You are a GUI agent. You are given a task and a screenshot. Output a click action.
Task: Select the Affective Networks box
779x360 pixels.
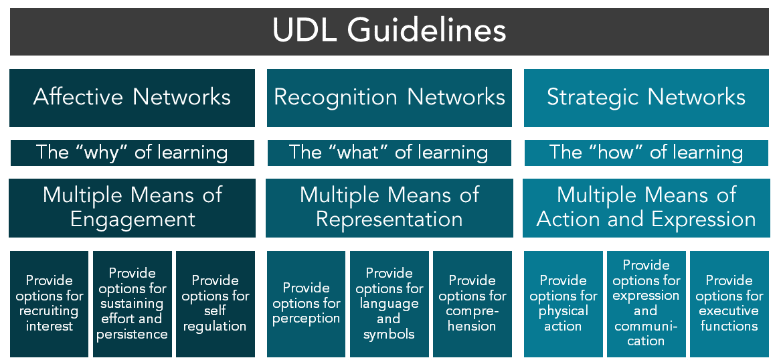132,97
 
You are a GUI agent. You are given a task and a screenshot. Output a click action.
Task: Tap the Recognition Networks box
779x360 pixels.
389,97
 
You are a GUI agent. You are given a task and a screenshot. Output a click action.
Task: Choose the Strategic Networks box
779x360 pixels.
646,97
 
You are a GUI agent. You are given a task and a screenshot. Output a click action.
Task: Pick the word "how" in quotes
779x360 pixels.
614,153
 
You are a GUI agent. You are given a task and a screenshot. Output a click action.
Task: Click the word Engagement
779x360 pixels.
133,219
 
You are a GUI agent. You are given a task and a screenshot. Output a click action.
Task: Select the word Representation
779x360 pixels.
389,219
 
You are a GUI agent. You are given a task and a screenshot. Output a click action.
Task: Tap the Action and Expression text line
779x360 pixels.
646,219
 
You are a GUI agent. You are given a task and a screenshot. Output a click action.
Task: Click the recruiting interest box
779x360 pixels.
50,303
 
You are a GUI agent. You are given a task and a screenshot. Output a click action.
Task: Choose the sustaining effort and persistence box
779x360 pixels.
132,303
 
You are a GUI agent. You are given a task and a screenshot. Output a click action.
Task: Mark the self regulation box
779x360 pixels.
215,303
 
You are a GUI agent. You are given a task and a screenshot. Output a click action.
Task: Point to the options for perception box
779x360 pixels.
307,303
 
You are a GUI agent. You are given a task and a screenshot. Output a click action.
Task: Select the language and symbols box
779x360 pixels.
389,303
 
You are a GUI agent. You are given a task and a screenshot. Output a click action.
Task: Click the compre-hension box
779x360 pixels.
472,303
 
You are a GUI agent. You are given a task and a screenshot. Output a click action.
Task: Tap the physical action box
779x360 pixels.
564,303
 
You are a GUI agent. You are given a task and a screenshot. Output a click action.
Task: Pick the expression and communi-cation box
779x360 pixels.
646,303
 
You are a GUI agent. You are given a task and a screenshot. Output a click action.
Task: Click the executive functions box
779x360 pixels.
729,303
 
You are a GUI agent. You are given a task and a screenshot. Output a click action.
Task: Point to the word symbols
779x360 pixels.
389,334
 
